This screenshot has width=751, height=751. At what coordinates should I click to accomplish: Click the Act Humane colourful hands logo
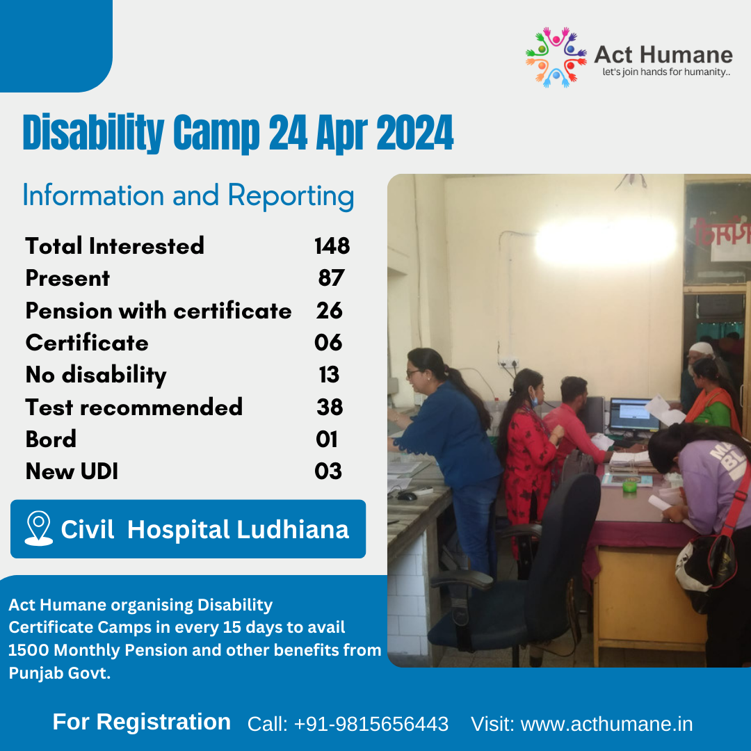pyautogui.click(x=556, y=57)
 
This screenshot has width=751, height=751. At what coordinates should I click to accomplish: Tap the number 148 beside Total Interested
pyautogui.click(x=332, y=245)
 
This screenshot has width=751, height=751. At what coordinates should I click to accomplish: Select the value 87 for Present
pyautogui.click(x=331, y=278)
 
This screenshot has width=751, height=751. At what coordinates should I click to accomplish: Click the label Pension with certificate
pyautogui.click(x=159, y=311)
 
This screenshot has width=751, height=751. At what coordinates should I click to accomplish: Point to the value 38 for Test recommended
pyautogui.click(x=330, y=407)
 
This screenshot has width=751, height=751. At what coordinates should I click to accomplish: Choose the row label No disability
pyautogui.click(x=96, y=375)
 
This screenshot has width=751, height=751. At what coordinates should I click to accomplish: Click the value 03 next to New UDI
pyautogui.click(x=328, y=471)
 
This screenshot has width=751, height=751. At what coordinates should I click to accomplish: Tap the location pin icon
pyautogui.click(x=38, y=528)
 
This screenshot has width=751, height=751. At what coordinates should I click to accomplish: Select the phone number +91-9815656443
pyautogui.click(x=371, y=724)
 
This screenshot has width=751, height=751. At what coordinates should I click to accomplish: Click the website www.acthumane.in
pyautogui.click(x=606, y=724)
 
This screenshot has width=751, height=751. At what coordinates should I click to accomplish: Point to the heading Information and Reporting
pyautogui.click(x=188, y=195)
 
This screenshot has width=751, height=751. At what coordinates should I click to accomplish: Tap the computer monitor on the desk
pyautogui.click(x=633, y=415)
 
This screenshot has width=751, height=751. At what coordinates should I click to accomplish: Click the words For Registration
pyautogui.click(x=142, y=722)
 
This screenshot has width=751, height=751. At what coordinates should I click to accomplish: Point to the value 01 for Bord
pyautogui.click(x=326, y=439)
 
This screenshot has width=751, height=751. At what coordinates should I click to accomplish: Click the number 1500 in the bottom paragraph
pyautogui.click(x=29, y=650)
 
